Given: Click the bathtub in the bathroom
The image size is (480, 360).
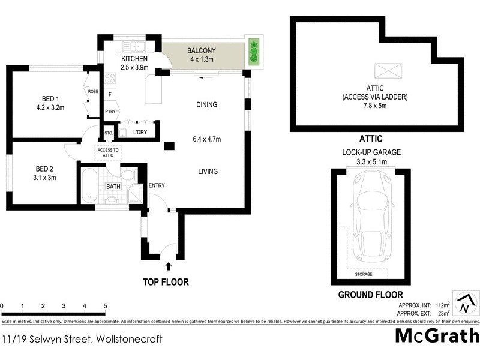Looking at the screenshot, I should coord(89,187).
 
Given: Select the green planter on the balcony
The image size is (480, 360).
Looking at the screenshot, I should coord(253,53).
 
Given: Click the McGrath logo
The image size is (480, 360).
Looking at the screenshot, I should coord(437,335).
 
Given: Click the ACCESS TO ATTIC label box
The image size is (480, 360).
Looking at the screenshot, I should coord(109,152).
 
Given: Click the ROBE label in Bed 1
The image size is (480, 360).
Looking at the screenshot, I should coord(93,91).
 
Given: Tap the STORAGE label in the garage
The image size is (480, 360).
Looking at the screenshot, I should coord(364,274).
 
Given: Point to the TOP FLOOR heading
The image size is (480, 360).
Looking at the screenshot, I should coord(165,281).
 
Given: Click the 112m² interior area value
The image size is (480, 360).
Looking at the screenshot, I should coord(443,305).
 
